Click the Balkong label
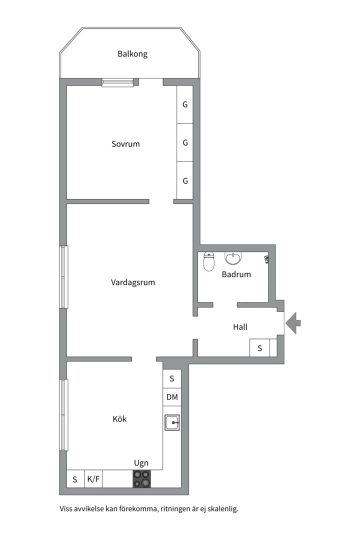point(132,54)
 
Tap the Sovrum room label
point(125,144)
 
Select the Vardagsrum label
point(133,282)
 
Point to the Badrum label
point(236,274)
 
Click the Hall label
point(240,327)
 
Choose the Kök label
point(119,419)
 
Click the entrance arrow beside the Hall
point(293,322)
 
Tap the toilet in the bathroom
point(209,261)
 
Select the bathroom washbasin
point(233,258)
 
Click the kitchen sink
point(172,422)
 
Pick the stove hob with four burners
point(142,478)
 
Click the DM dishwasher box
point(172,397)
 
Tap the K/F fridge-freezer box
point(93,478)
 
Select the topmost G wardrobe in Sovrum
point(185,104)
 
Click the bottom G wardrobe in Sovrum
point(185,180)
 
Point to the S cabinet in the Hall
point(260,348)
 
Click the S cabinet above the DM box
point(172,379)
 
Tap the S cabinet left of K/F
point(75,478)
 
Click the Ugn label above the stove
point(141,463)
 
